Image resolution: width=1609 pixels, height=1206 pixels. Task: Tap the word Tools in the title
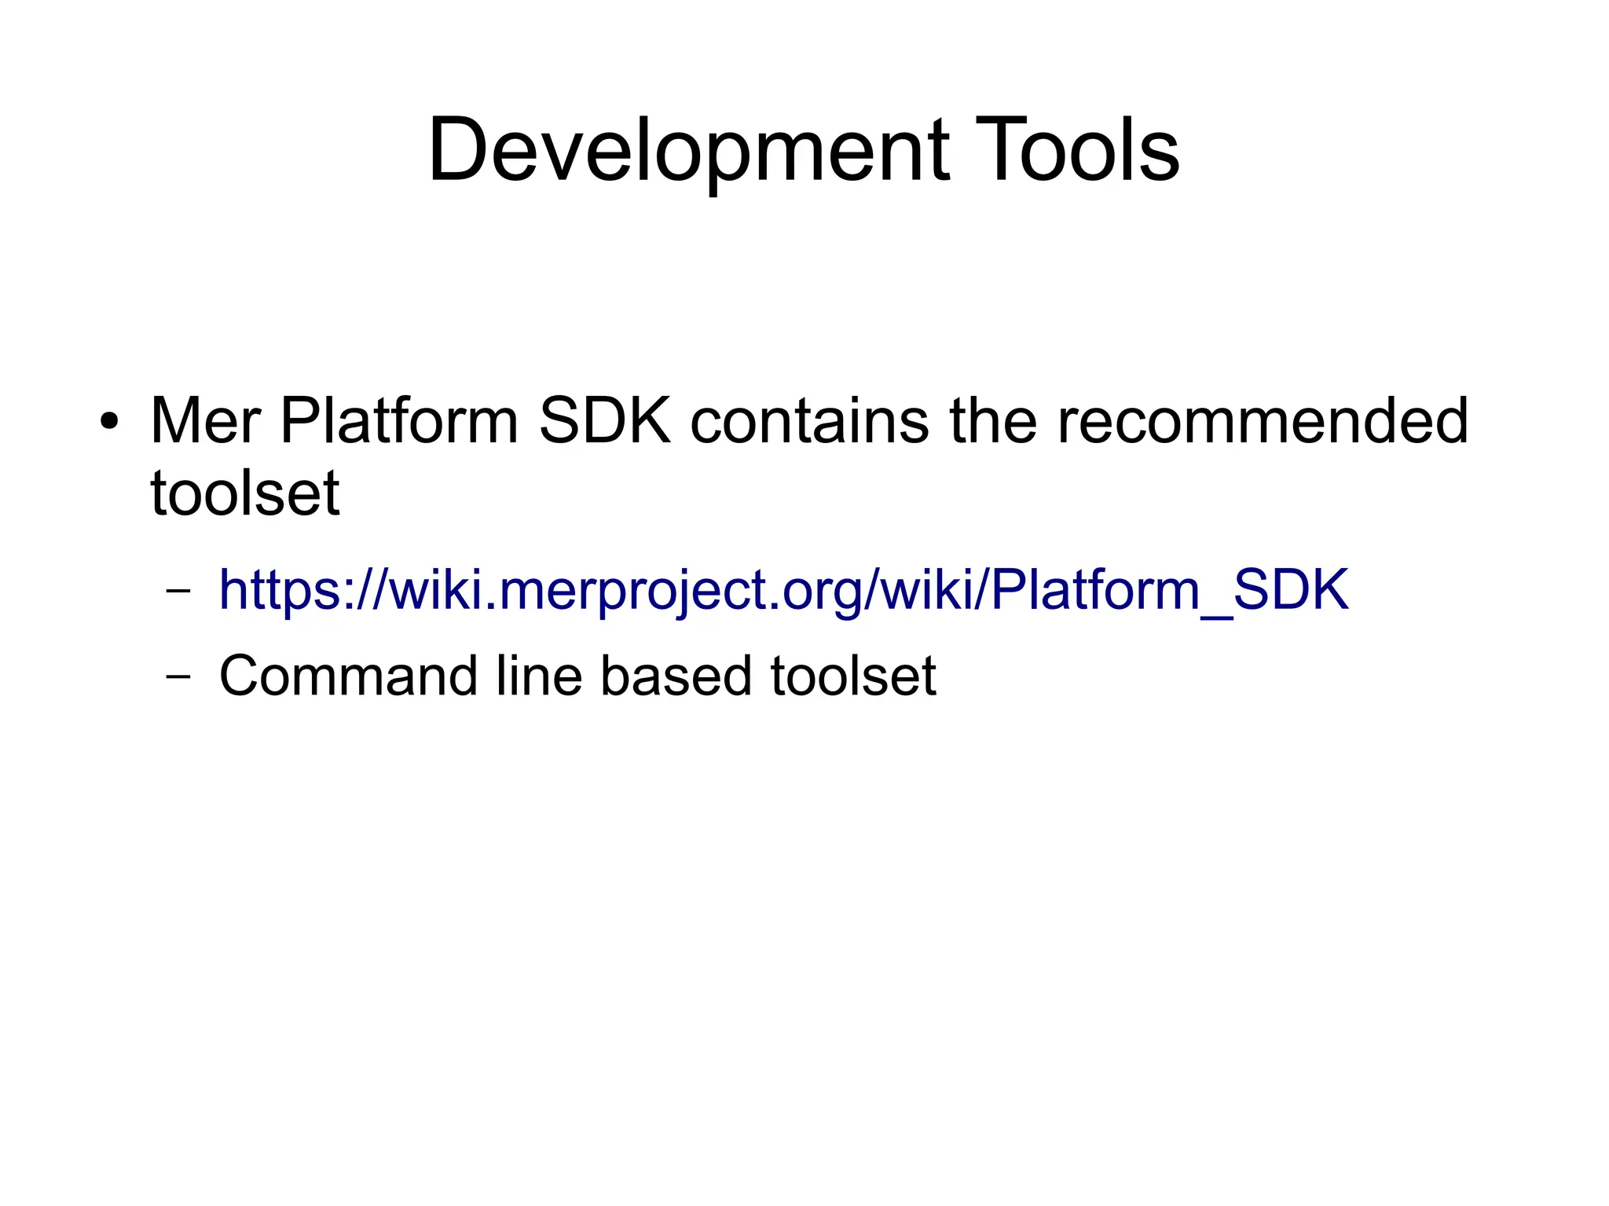[x=1077, y=151]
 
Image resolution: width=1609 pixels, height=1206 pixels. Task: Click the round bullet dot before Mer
[x=109, y=421]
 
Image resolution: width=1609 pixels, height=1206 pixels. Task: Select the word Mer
[x=205, y=421]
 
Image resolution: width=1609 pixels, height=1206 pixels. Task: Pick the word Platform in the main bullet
[x=399, y=421]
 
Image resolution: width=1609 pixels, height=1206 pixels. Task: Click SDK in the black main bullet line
[x=605, y=421]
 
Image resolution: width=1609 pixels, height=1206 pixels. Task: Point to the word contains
[x=809, y=421]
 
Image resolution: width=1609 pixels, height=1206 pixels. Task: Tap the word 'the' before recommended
[x=993, y=421]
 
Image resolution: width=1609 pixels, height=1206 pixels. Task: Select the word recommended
[x=1263, y=421]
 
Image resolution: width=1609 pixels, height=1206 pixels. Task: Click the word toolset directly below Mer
[x=244, y=493]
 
